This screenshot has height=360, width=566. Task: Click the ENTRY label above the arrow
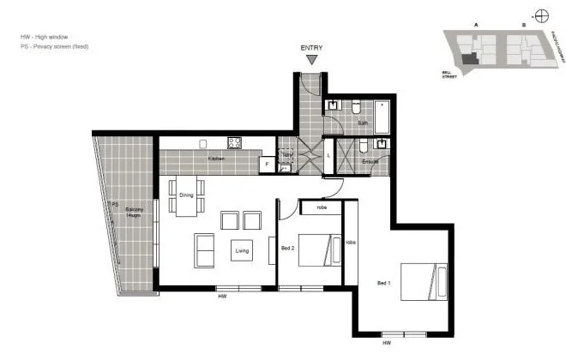(313, 48)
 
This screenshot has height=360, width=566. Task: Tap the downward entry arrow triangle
(313, 60)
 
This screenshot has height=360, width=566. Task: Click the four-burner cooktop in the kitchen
(234, 143)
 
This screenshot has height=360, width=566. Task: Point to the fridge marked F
(267, 163)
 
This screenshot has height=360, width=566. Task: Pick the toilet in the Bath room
(356, 106)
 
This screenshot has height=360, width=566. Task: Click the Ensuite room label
(370, 160)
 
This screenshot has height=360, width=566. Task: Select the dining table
(186, 195)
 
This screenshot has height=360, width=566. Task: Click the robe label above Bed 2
(322, 207)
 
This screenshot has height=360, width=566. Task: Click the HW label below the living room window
(221, 297)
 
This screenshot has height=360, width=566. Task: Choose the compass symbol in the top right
(541, 15)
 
